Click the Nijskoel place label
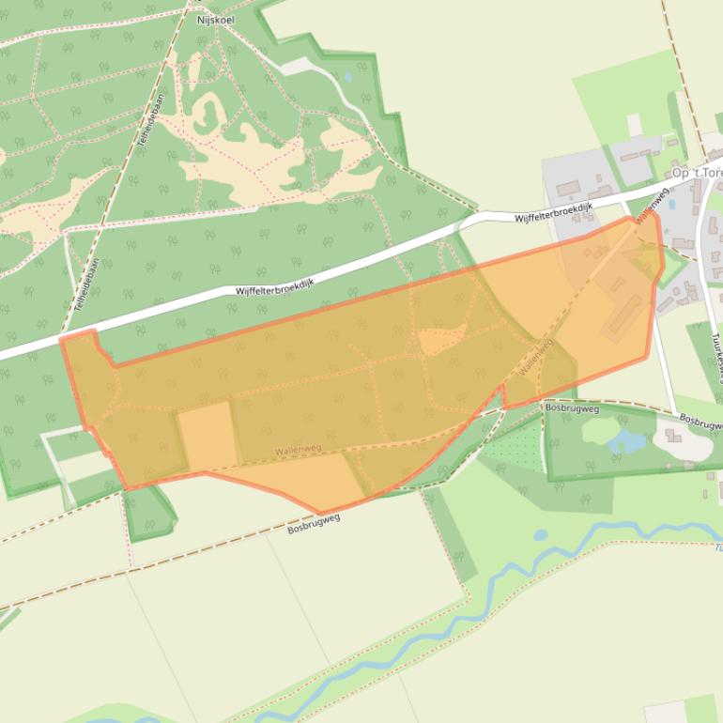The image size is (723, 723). pyautogui.click(x=215, y=18)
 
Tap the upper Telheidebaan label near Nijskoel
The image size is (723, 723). pyautogui.click(x=147, y=129)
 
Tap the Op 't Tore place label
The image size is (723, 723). pyautogui.click(x=697, y=173)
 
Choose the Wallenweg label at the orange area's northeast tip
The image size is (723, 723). pyautogui.click(x=650, y=208)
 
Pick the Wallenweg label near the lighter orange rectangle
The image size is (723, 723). pyautogui.click(x=298, y=450)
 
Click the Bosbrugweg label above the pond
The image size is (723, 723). pyautogui.click(x=572, y=408)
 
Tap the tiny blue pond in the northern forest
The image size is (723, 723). pyautogui.click(x=348, y=77)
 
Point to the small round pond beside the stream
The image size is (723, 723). pyautogui.click(x=541, y=535)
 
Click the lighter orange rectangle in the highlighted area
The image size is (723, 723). pyautogui.click(x=207, y=436)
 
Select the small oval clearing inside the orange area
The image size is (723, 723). pyautogui.click(x=441, y=339)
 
